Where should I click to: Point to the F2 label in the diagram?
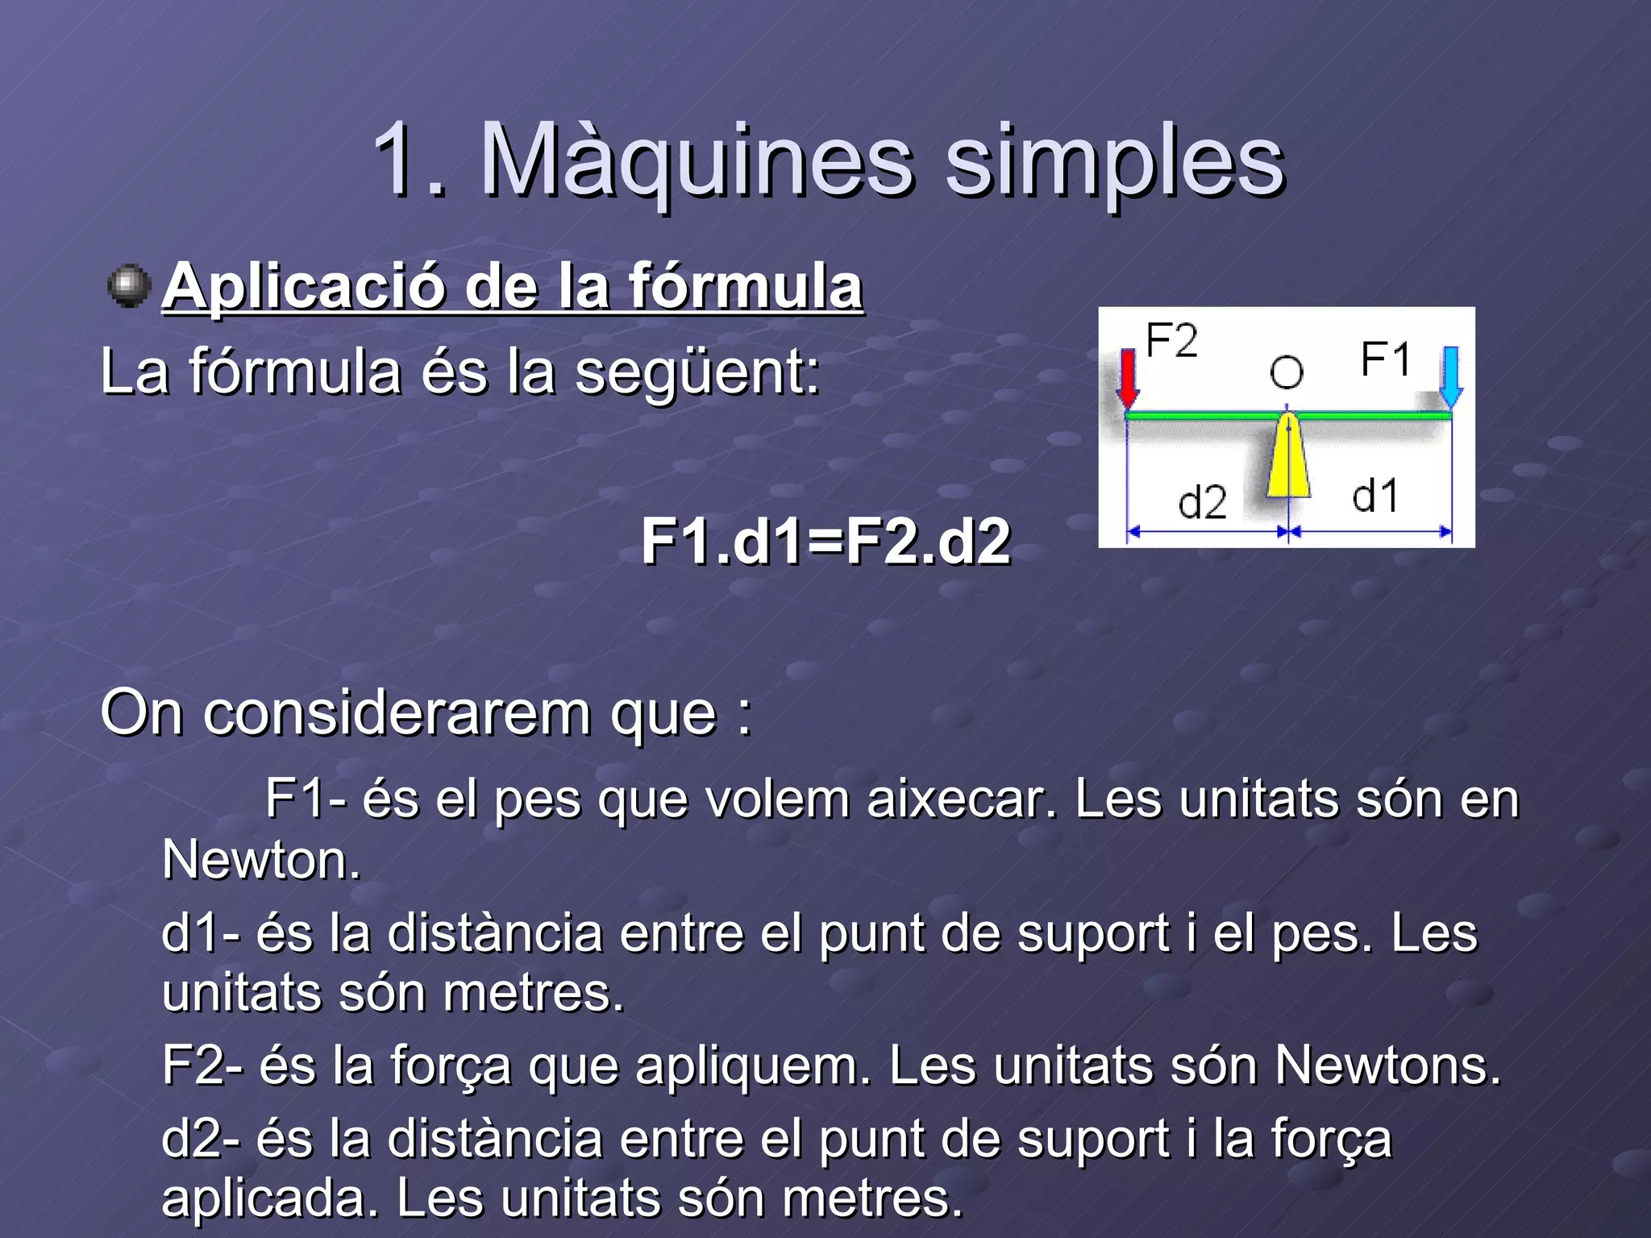pos(1171,340)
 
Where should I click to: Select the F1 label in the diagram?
pos(1385,359)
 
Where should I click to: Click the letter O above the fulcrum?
pos(1287,372)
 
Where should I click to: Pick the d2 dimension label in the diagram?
pos(1202,503)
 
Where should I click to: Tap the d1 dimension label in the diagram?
pos(1375,496)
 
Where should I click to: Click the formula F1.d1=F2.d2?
pos(825,542)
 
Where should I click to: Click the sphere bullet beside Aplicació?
pos(129,286)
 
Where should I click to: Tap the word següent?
pos(697,372)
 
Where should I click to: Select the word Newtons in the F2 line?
pos(1387,1066)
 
